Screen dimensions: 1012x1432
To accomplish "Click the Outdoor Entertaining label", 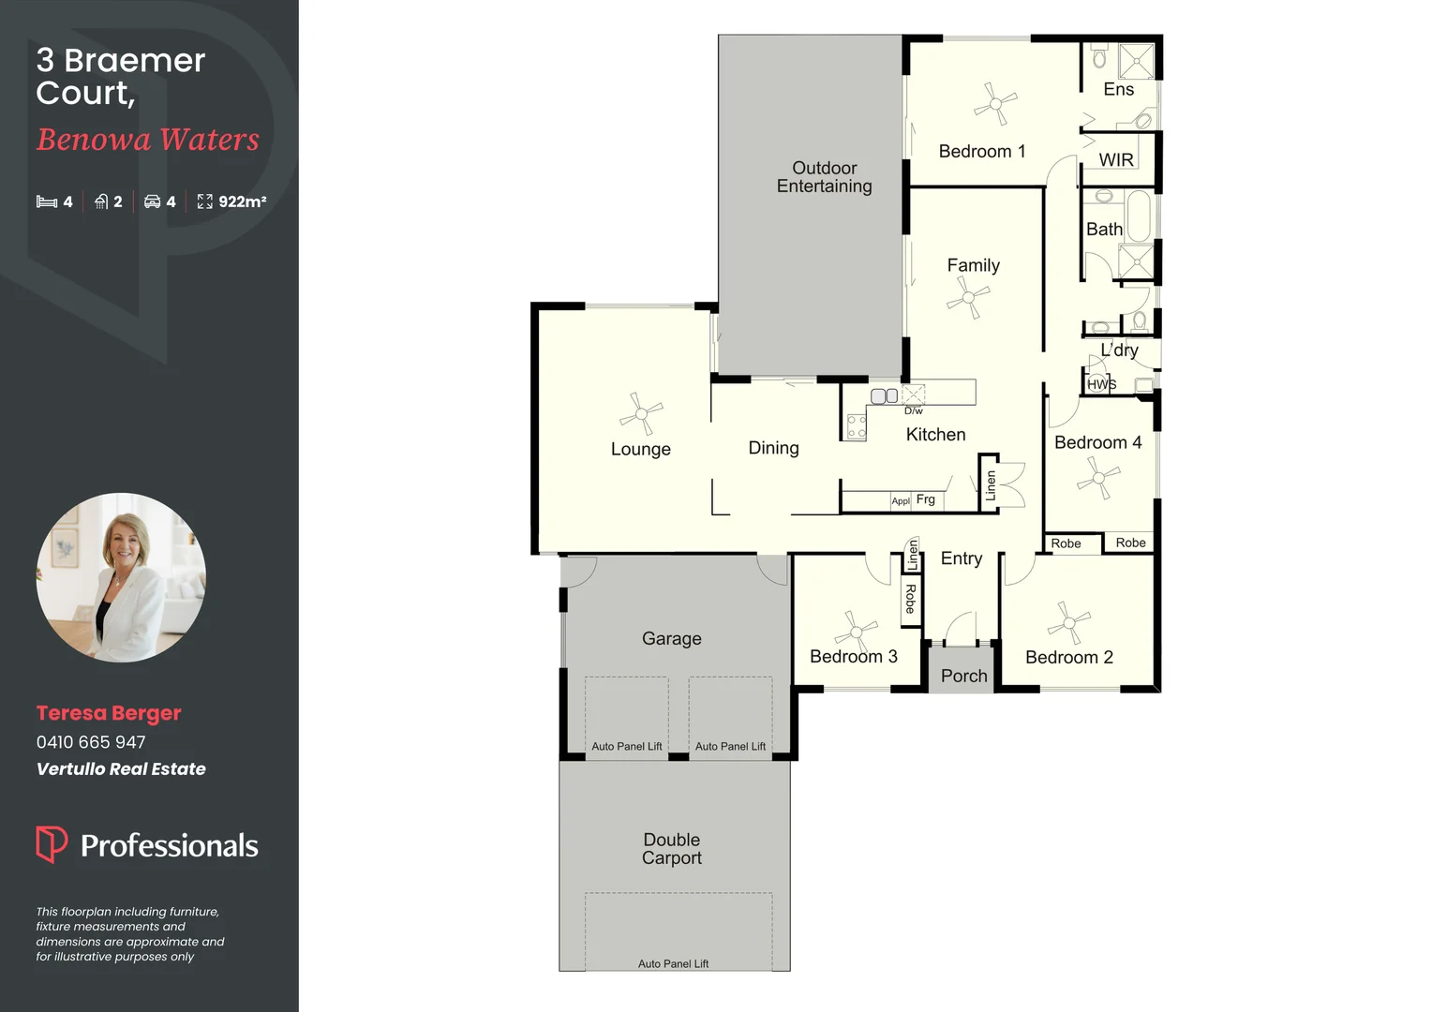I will tap(824, 177).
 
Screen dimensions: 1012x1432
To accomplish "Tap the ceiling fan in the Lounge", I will tap(641, 412).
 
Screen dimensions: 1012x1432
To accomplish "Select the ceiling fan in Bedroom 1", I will tap(994, 103).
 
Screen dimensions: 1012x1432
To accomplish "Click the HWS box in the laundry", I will tap(1101, 383).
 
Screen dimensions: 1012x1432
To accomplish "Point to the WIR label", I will tap(1116, 160).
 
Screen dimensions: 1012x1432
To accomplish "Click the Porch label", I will tap(963, 676).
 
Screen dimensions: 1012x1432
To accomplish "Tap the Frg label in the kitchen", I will tap(925, 499).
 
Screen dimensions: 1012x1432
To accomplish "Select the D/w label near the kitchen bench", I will tap(913, 410).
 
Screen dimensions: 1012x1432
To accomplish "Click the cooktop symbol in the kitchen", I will tap(856, 426).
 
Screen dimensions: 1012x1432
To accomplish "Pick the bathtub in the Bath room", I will tap(1138, 216).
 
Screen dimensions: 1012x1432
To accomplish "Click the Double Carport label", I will tap(672, 849).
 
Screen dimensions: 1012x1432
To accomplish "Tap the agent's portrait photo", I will tap(121, 577).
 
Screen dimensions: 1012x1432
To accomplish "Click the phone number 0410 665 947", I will tap(91, 742).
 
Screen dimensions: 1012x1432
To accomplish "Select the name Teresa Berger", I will tap(109, 713).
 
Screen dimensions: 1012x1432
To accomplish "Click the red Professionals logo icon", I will tap(51, 843).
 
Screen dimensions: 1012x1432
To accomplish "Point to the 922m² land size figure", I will tap(242, 201).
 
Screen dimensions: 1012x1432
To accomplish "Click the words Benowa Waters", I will tap(148, 140).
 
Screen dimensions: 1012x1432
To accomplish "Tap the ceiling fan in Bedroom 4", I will tap(1098, 479).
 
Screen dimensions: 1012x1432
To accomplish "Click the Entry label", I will tap(961, 558).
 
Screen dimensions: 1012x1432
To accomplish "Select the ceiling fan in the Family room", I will tap(967, 299).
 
